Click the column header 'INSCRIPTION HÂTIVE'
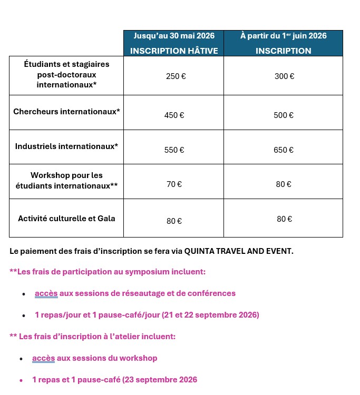point(173,51)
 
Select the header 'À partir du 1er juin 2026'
point(283,36)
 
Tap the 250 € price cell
point(176,76)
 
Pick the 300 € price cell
point(284,76)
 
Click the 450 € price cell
point(174,115)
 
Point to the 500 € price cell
point(284,115)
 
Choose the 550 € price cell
point(174,150)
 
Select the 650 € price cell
point(284,150)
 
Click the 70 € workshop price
point(174,184)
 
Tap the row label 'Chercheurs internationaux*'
point(66,112)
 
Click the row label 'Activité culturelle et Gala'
point(66,218)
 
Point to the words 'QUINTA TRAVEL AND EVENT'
point(238,251)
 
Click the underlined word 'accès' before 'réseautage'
point(46,293)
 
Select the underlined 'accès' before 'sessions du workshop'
point(43,358)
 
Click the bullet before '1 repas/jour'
point(24,315)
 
